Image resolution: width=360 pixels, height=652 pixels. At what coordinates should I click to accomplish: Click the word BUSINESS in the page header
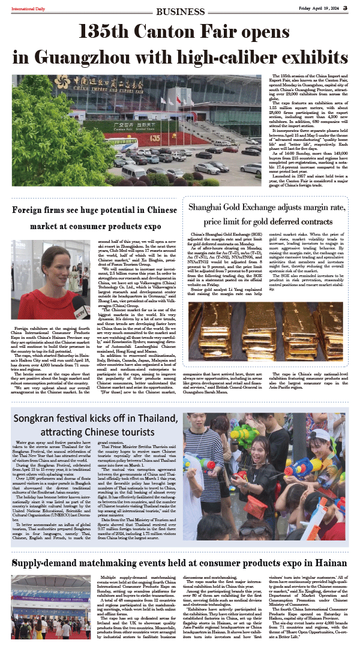point(179,11)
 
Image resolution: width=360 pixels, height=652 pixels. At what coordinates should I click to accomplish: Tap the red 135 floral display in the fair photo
point(156,137)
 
